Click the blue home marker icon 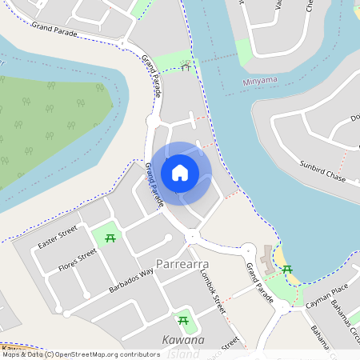(180, 172)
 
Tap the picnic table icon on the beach (287, 270)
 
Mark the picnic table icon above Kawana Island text (183, 321)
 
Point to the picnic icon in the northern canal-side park (186, 66)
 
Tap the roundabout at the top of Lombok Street (193, 237)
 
